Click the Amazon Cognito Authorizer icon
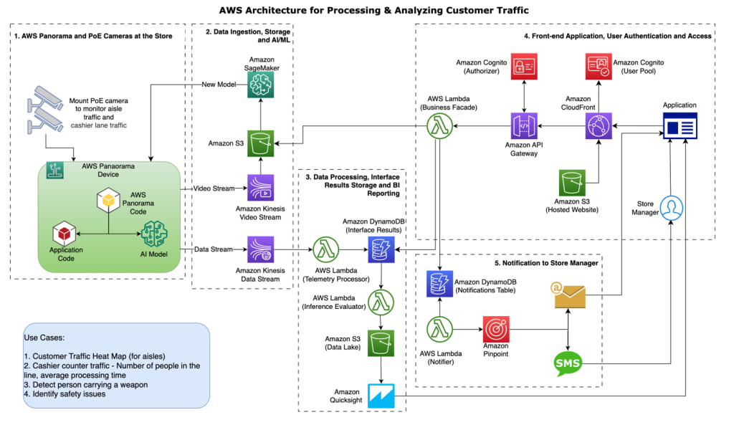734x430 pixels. pyautogui.click(x=524, y=67)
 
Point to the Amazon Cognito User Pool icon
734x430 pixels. pyautogui.click(x=599, y=67)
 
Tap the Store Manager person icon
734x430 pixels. pyautogui.click(x=672, y=208)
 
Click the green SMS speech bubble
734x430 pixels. pyautogui.click(x=568, y=363)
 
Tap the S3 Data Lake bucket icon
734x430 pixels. pyautogui.click(x=380, y=343)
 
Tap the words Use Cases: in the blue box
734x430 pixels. pyautogui.click(x=47, y=337)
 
